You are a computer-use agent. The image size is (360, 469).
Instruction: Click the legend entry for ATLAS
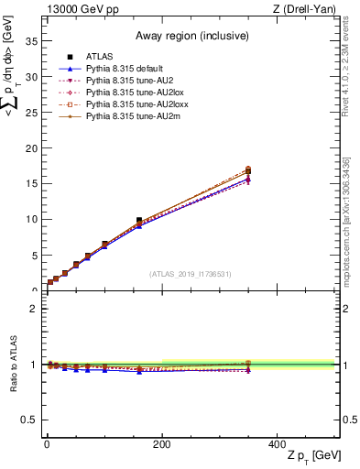100,58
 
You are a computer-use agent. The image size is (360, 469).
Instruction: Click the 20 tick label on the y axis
34,148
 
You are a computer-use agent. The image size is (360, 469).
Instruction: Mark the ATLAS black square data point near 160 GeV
139,221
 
